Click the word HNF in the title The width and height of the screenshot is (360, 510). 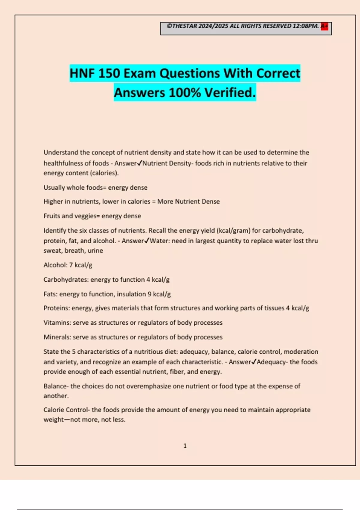click(82, 73)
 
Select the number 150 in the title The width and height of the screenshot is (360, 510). click(109, 73)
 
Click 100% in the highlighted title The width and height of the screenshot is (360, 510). click(185, 93)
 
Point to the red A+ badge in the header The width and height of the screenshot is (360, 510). click(324, 26)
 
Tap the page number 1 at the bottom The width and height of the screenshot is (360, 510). click(185, 446)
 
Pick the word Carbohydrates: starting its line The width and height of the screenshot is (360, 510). click(66, 280)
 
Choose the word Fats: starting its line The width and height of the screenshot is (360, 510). click(50, 294)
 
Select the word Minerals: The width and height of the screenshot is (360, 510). click(57, 337)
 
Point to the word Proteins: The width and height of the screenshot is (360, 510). click(57, 308)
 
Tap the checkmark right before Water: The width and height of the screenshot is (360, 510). click(147, 241)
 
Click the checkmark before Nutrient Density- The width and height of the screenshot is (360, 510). click(139, 163)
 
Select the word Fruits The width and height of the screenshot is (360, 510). click(52, 216)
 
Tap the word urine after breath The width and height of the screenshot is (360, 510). click(95, 250)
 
